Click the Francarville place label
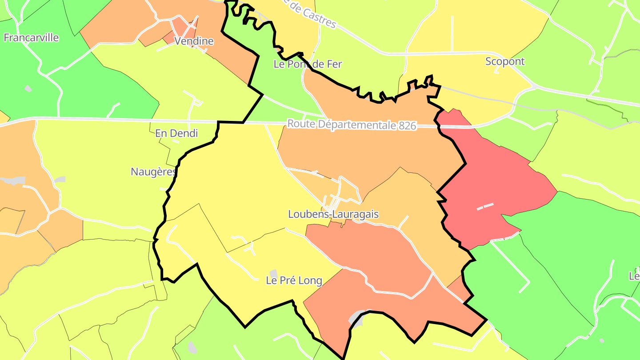click(31, 38)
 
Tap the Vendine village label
click(194, 41)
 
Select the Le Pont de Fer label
click(308, 64)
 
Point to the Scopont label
click(505, 61)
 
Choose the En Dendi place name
click(176, 133)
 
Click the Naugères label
click(153, 172)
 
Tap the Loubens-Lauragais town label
click(333, 214)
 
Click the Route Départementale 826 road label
click(352, 124)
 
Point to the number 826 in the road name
click(407, 126)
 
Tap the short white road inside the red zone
click(485, 206)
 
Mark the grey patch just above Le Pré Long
click(274, 273)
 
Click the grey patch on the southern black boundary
click(358, 316)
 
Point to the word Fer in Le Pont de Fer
click(334, 64)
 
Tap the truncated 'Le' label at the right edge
click(634, 276)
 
